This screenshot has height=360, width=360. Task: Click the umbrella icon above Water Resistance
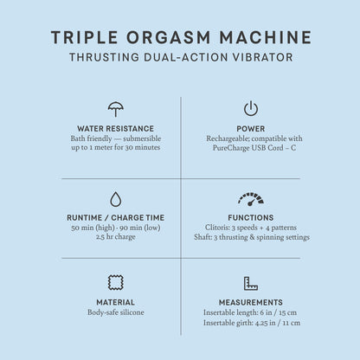[x=115, y=109]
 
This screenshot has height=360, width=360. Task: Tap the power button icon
[x=250, y=109]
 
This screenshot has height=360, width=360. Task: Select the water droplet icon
[x=115, y=198]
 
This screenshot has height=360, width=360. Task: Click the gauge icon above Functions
[x=250, y=198]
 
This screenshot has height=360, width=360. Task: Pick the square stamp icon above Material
[x=115, y=282]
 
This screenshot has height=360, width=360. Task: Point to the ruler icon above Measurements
[x=250, y=282]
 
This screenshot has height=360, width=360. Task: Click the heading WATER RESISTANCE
[x=115, y=128]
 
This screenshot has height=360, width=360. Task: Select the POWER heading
[x=250, y=128]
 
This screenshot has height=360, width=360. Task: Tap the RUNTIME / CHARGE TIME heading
[x=115, y=217]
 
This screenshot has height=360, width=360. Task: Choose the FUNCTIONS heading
[x=250, y=217]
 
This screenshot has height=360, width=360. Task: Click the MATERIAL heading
[x=115, y=302]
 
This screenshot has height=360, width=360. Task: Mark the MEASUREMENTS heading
[x=250, y=302]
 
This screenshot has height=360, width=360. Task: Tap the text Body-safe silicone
[x=115, y=312]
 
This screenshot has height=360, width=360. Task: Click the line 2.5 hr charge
[x=115, y=236]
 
